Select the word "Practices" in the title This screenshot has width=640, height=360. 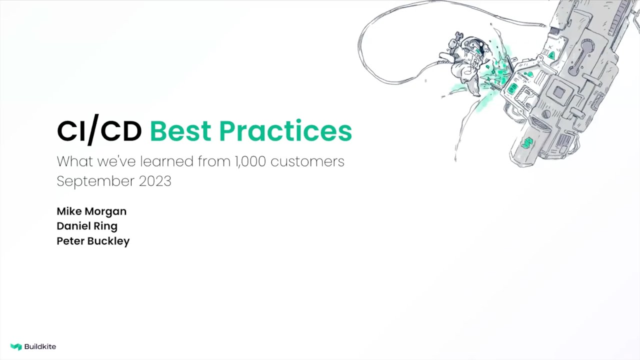pyautogui.click(x=285, y=131)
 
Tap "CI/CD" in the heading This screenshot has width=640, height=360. pyautogui.click(x=99, y=131)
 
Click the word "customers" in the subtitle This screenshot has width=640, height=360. pyautogui.click(x=307, y=161)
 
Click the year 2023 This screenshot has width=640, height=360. pyautogui.click(x=155, y=181)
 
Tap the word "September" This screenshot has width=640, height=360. pyautogui.click(x=95, y=181)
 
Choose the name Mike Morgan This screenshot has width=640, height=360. pyautogui.click(x=91, y=211)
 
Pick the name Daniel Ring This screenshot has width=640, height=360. pyautogui.click(x=87, y=226)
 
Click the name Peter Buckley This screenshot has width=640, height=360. pyautogui.click(x=93, y=241)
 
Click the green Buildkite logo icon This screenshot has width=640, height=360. pyautogui.click(x=16, y=346)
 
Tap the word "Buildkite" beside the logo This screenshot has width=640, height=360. pyautogui.click(x=40, y=346)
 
